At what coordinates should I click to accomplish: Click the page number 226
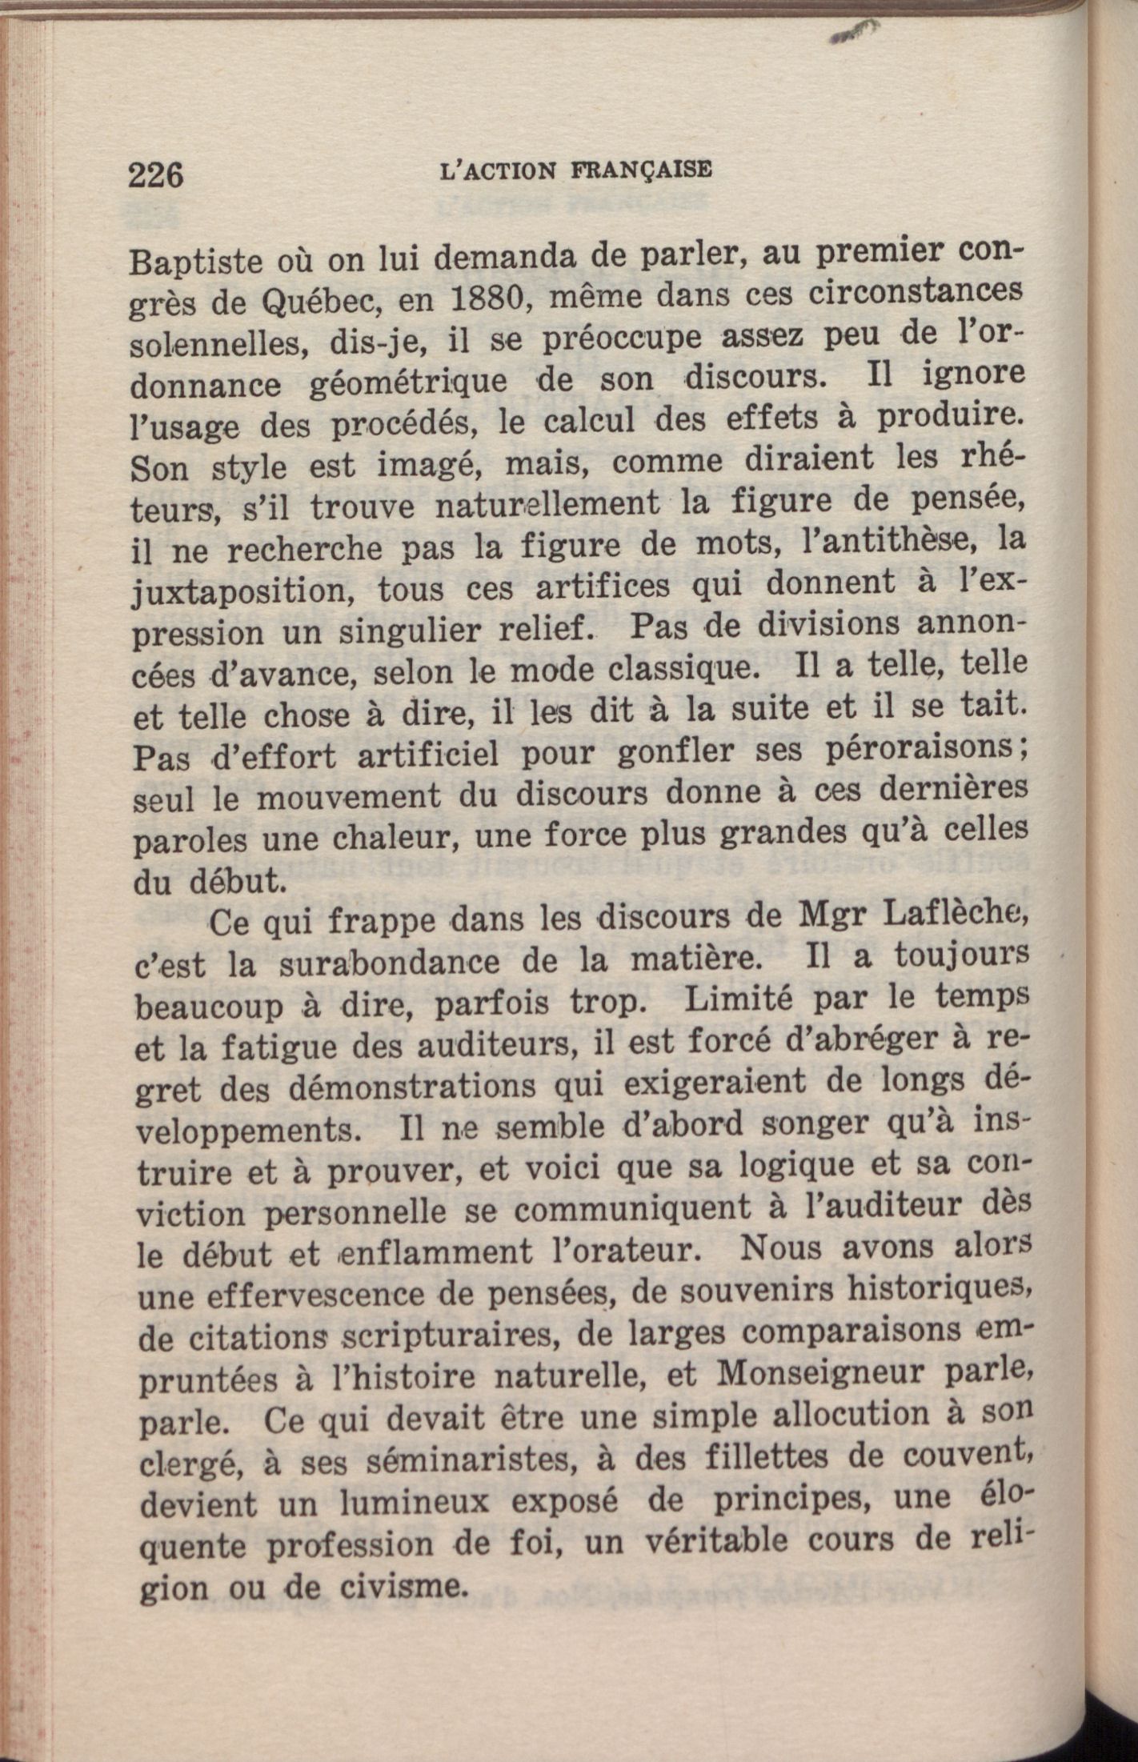156,174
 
